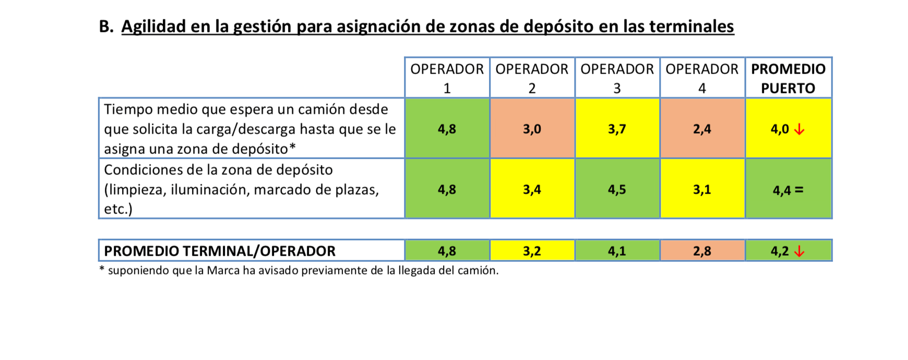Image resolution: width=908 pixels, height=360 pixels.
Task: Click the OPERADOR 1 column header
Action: (x=447, y=78)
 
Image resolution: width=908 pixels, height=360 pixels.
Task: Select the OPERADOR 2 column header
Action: (x=532, y=78)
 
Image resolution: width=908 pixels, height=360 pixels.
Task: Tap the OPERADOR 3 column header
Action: (x=617, y=78)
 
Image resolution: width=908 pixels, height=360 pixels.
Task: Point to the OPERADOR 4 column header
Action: (x=702, y=78)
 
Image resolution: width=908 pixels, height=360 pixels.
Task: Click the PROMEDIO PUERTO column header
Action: (x=788, y=78)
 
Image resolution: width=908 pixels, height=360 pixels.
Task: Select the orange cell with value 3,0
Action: (x=532, y=128)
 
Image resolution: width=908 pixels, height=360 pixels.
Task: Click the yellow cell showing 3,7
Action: (x=617, y=128)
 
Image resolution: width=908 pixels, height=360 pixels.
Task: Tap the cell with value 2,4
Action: (x=702, y=128)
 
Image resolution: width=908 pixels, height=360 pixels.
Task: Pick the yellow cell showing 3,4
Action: (x=532, y=189)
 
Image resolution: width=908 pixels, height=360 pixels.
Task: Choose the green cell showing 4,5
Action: (x=617, y=189)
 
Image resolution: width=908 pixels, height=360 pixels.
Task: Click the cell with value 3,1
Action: (x=702, y=189)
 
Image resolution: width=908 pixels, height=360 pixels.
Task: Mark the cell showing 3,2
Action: (x=532, y=251)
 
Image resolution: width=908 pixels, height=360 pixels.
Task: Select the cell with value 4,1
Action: (x=617, y=251)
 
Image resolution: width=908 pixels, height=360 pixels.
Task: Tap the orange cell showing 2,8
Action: (x=702, y=251)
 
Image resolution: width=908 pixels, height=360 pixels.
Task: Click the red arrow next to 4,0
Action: (x=799, y=129)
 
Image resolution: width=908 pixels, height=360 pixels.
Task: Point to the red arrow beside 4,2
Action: (x=799, y=251)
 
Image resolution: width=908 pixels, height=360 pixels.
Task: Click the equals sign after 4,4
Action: (x=798, y=190)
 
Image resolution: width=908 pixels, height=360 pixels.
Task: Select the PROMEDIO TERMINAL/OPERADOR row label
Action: (x=220, y=251)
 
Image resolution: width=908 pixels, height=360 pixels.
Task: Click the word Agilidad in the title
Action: (x=153, y=26)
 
